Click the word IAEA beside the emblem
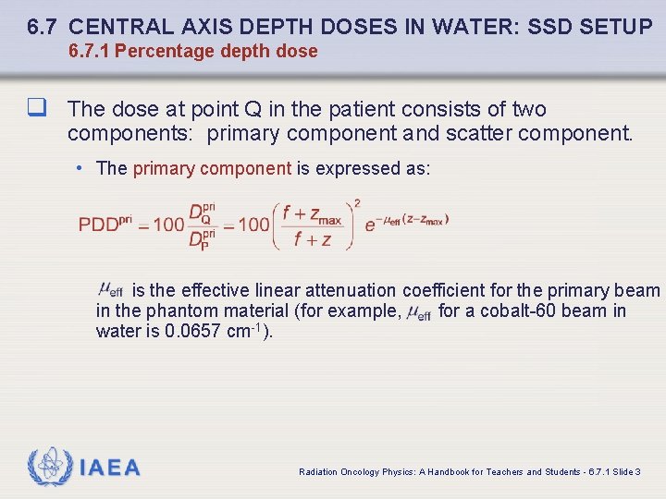point(110,468)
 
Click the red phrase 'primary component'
point(212,168)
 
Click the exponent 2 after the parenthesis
point(357,203)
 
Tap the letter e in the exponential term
point(370,225)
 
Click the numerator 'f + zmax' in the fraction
point(312,213)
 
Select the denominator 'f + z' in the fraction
point(312,239)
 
